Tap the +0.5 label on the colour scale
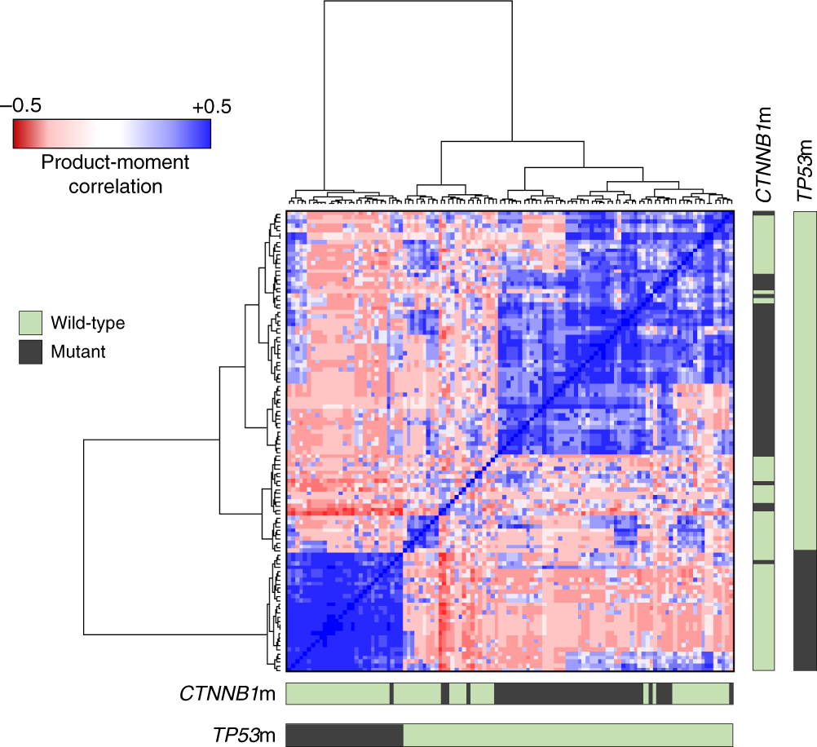click(x=211, y=107)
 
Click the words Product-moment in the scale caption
click(x=114, y=162)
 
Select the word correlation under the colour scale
click(x=115, y=186)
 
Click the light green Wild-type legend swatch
click(x=30, y=324)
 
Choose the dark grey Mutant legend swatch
click(x=30, y=351)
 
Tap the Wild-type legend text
click(x=87, y=323)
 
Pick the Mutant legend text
click(x=78, y=352)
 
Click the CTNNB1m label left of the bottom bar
click(x=227, y=695)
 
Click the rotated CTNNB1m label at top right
click(x=764, y=155)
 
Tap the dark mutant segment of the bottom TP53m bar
click(x=343, y=734)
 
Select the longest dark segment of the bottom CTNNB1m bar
click(x=567, y=694)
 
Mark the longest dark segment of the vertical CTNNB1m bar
click(x=763, y=383)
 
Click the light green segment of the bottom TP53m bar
click(x=567, y=734)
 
